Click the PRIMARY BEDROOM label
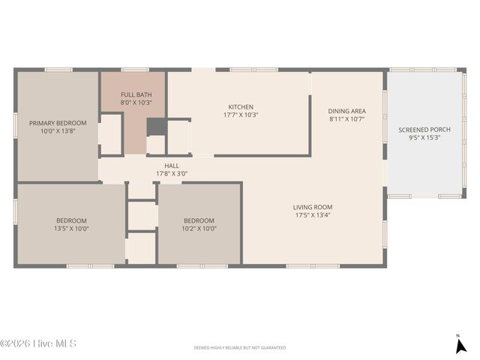tap(58, 123)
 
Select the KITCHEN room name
tap(241, 107)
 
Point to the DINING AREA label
tap(346, 111)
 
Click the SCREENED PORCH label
tap(424, 130)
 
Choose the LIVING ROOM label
tap(313, 207)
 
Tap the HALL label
tap(172, 166)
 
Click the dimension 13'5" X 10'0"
tap(72, 229)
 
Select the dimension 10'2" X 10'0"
tap(200, 229)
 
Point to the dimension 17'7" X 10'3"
tap(241, 115)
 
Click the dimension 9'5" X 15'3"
tap(424, 138)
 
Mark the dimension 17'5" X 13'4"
tap(313, 215)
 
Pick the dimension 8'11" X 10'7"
tap(346, 119)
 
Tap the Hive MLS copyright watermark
tap(38, 344)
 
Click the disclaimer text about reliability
tap(239, 348)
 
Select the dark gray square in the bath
tap(155, 126)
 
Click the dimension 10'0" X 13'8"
tap(58, 131)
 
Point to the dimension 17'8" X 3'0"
tap(172, 174)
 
